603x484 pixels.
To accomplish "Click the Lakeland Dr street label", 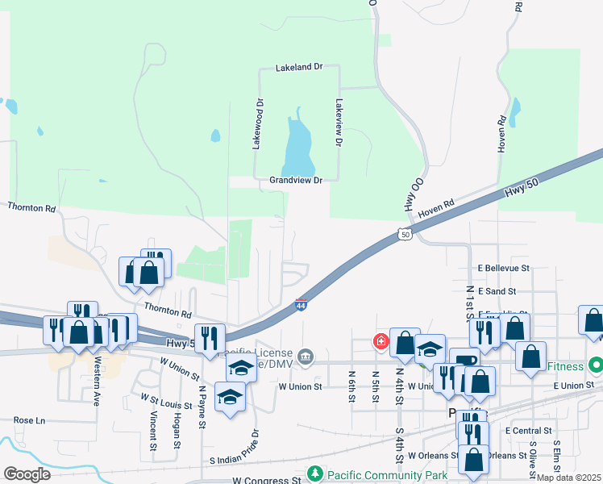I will [298, 68].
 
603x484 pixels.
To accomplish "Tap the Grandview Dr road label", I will [296, 181].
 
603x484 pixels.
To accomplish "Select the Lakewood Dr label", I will [259, 124].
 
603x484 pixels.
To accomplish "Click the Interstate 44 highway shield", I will [300, 306].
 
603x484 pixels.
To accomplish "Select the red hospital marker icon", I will [380, 342].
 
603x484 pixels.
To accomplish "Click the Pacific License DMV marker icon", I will [306, 356].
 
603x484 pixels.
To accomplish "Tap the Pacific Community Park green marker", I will [316, 474].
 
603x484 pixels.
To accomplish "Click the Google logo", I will [27, 474].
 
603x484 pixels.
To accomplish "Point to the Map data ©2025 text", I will [569, 478].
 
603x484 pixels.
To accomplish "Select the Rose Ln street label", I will [29, 420].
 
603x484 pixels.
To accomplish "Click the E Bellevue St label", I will [503, 268].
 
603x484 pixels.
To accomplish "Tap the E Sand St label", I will [497, 290].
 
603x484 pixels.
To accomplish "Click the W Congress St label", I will [266, 481].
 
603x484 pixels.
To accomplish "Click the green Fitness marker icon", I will [596, 365].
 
